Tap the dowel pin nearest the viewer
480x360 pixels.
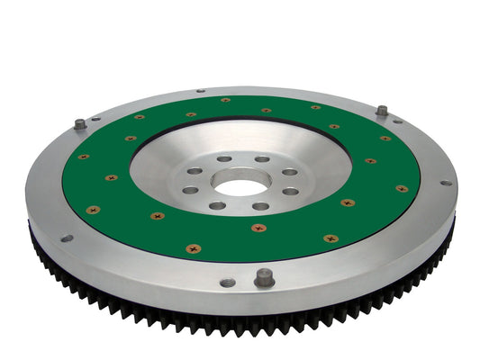[x=263, y=278]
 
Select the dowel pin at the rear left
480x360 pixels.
[x=79, y=124]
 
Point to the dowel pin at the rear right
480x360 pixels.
[x=382, y=111]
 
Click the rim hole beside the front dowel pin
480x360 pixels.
[x=228, y=283]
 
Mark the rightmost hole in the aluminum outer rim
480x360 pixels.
[x=444, y=183]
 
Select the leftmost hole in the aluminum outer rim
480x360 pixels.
[x=67, y=238]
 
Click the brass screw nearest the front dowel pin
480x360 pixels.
[x=258, y=228]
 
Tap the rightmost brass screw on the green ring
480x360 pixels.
[x=402, y=189]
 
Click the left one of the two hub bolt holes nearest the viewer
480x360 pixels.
[x=217, y=205]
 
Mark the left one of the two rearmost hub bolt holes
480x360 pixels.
[x=222, y=160]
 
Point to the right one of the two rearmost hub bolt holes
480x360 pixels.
[x=261, y=160]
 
